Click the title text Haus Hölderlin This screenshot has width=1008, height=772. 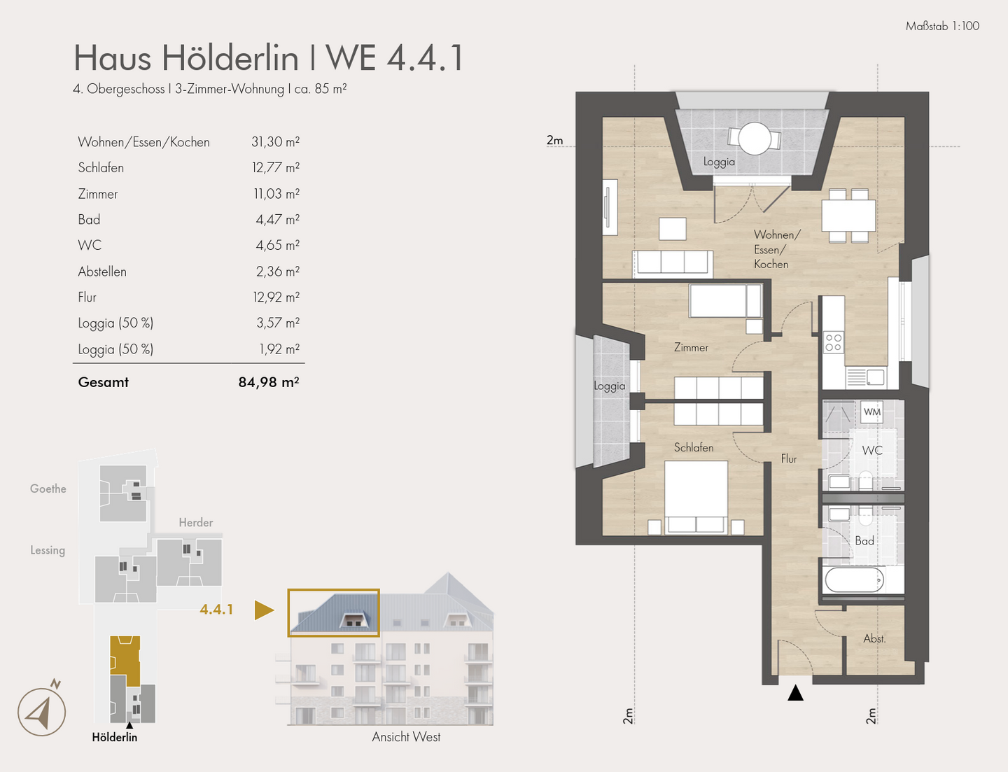[186, 57]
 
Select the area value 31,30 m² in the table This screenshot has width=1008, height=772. [275, 142]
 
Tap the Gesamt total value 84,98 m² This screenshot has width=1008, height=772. [269, 382]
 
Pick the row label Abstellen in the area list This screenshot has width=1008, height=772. [102, 272]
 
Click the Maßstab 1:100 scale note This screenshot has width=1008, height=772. [942, 26]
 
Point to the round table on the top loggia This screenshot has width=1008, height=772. [755, 139]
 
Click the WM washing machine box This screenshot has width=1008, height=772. [871, 412]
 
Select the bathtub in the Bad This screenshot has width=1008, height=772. [854, 580]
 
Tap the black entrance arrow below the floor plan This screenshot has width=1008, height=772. [795, 693]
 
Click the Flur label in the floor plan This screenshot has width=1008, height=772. [789, 458]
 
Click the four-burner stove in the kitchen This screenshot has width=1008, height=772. [833, 342]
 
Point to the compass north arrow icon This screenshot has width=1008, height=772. [42, 711]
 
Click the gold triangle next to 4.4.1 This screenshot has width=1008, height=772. [263, 610]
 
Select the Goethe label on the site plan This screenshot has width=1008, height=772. [48, 489]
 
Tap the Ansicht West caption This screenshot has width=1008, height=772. [406, 736]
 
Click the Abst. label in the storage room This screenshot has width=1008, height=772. [874, 638]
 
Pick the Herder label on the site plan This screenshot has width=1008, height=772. [196, 522]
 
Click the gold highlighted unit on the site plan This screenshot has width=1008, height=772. [125, 660]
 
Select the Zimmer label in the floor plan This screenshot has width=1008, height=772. [691, 347]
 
